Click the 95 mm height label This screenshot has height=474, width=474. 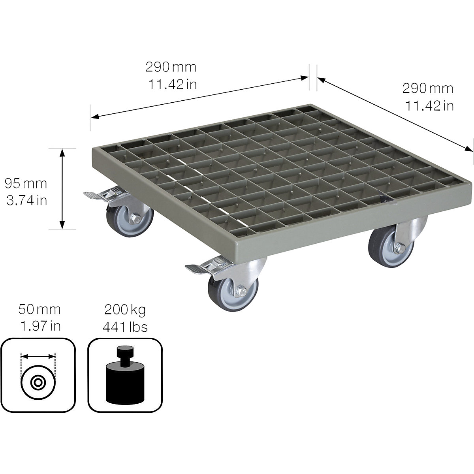tap(26, 183)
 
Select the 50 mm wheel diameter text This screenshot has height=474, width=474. tap(39, 309)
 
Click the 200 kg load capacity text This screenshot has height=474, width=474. tap(125, 309)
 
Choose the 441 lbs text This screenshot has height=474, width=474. tap(125, 326)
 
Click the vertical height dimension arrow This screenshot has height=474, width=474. tap(62, 188)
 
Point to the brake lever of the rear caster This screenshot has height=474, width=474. tap(93, 194)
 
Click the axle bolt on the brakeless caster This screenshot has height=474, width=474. tap(397, 248)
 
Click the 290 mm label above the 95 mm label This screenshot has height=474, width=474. tap(171, 67)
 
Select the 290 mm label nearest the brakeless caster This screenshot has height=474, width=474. tap(427, 88)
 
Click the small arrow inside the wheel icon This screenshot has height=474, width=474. tap(38, 356)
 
